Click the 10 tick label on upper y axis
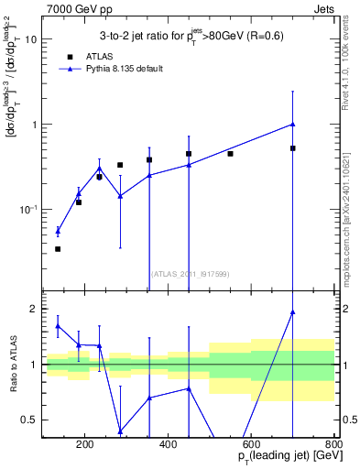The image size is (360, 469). coord(30,39)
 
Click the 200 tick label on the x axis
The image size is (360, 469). coord(84,445)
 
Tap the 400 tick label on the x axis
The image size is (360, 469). coord(168,445)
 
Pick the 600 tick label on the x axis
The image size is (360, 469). coord(251,445)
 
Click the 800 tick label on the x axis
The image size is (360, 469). coord(333,445)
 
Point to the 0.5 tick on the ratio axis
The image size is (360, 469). coord(28,420)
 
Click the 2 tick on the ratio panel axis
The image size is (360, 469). coord(33,309)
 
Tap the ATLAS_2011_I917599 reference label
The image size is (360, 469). coord(189,274)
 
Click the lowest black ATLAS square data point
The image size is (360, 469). coord(58,249)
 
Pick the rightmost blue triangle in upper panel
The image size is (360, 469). coord(293,124)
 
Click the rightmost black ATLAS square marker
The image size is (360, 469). coord(293,148)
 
